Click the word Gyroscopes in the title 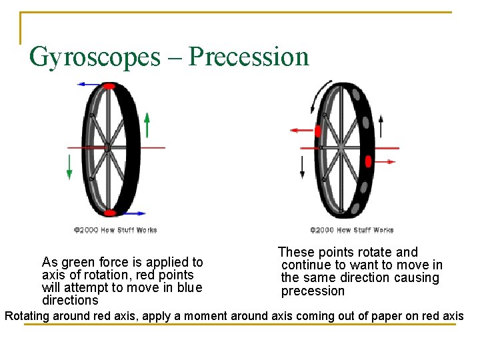[x=95, y=57]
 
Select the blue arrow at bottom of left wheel [x=132, y=213]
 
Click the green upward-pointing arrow [x=147, y=124]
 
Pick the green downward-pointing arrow [x=69, y=166]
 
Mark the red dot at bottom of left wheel [x=110, y=213]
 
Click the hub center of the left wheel [x=107, y=147]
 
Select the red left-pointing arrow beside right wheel [x=302, y=131]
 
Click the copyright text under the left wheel [x=115, y=230]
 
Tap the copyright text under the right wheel [x=351, y=230]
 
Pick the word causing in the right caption [x=415, y=278]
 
